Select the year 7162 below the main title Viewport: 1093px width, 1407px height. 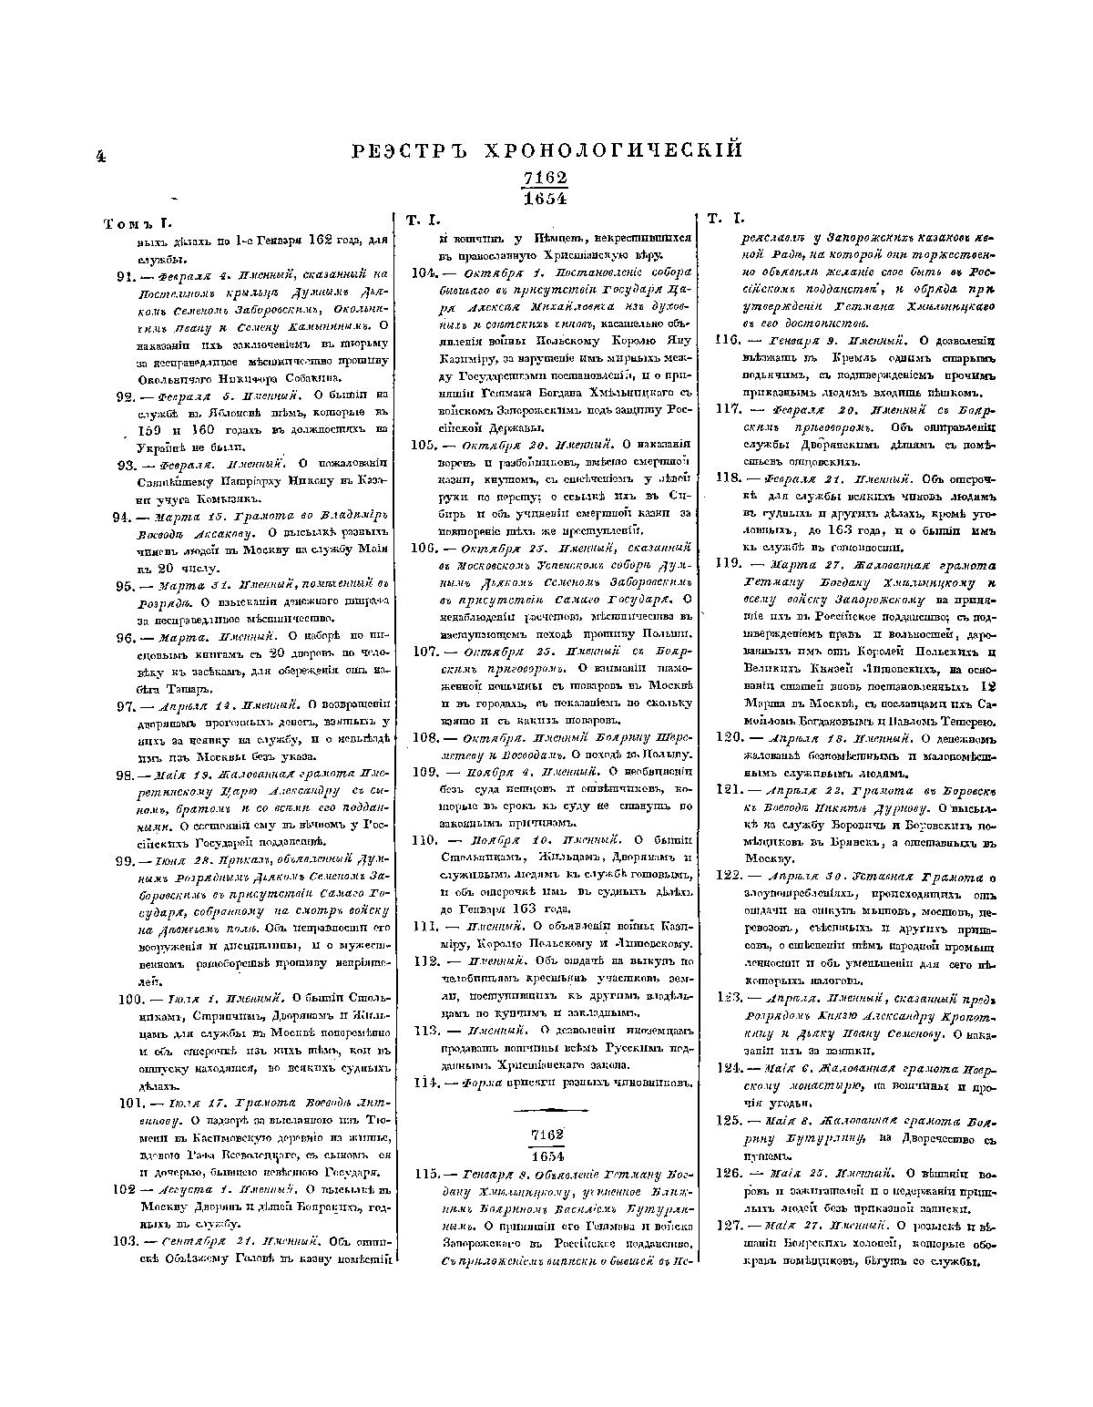pos(546,179)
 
